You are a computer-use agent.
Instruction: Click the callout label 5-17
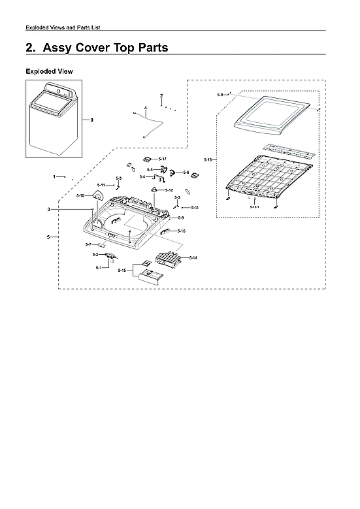[163, 159]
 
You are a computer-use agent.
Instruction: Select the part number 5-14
[193, 258]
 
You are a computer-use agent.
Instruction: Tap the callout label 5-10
[80, 196]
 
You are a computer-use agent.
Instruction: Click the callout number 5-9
[220, 95]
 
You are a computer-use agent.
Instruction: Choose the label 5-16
[181, 231]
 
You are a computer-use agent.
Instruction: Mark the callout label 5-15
[122, 271]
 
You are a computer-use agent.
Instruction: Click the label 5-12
[169, 190]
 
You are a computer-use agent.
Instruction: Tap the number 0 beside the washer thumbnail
[91, 120]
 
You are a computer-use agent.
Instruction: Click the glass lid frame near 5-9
[270, 114]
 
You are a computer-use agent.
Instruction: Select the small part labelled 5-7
[102, 246]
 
